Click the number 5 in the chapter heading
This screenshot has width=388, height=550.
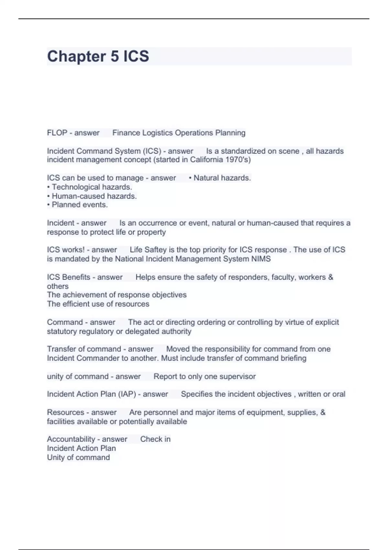[x=115, y=56]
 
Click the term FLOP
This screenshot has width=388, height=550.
[x=57, y=133]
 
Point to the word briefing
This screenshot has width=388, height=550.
[x=294, y=358]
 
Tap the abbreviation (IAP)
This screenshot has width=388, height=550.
[x=127, y=394]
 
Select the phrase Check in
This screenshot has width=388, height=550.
[x=155, y=439]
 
